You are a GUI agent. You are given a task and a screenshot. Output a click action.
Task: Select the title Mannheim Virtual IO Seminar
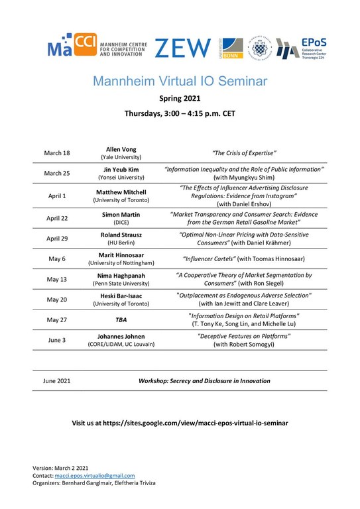click(x=180, y=82)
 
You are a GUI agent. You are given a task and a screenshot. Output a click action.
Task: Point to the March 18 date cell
click(x=57, y=153)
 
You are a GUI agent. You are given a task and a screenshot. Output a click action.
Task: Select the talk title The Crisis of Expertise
click(x=243, y=153)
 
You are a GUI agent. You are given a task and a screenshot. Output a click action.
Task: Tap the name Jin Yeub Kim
click(x=121, y=170)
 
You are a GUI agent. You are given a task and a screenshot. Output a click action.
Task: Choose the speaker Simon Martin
click(x=121, y=215)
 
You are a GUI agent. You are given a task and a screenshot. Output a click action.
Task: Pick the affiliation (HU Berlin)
click(x=121, y=243)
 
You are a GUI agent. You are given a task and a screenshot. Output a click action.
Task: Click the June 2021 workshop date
click(x=57, y=381)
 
